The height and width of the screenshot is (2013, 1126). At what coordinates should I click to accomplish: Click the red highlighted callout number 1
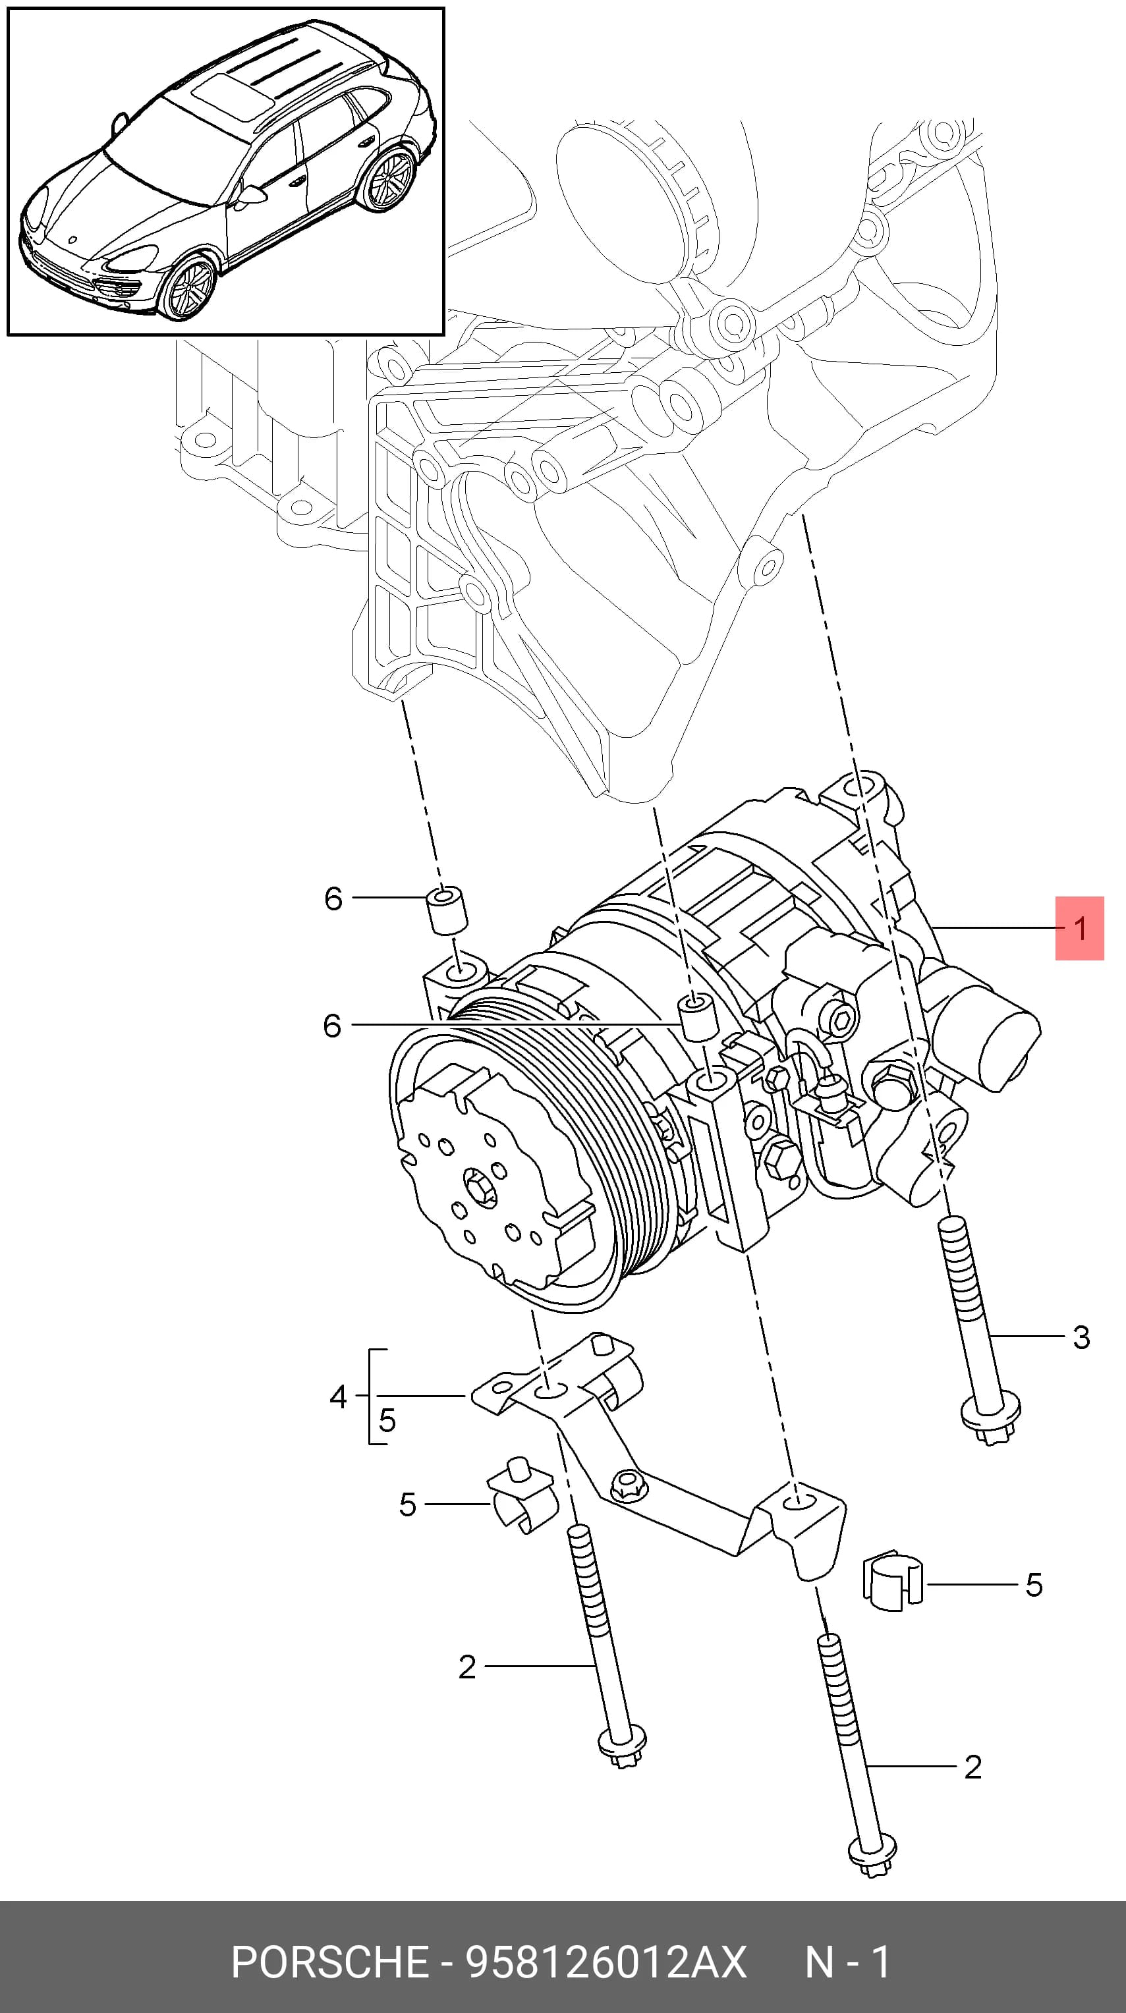tap(1080, 928)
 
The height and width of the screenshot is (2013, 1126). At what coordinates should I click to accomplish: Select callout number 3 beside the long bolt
tap(1081, 1337)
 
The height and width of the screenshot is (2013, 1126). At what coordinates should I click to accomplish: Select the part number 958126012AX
tap(606, 1962)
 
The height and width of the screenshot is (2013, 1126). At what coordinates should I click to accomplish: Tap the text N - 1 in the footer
tap(848, 1962)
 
